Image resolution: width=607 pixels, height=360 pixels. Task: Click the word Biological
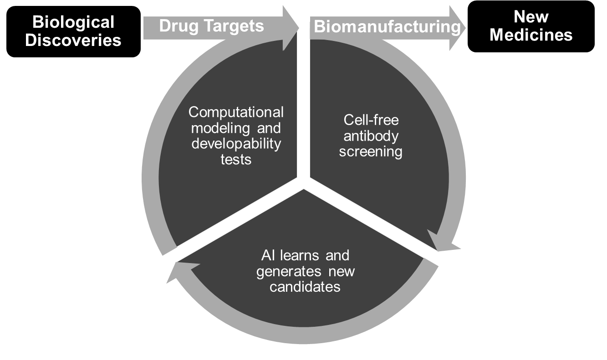pos(73,22)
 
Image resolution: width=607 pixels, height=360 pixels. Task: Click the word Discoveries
pos(73,40)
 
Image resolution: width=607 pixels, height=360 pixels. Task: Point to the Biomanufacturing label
pos(387,27)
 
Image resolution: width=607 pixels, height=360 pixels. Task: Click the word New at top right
pos(530,17)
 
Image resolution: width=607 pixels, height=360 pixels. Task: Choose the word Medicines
pos(531,35)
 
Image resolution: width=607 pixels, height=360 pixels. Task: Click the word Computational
pos(236,112)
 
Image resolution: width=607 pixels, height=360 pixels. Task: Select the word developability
pos(236,144)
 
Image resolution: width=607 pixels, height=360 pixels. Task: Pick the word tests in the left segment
pos(236,159)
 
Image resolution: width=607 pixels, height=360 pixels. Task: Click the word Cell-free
pos(371,120)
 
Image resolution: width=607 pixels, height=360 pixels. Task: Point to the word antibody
pos(371,136)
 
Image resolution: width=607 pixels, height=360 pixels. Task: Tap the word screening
pos(371,152)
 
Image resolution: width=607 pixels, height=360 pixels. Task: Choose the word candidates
pos(305,287)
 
